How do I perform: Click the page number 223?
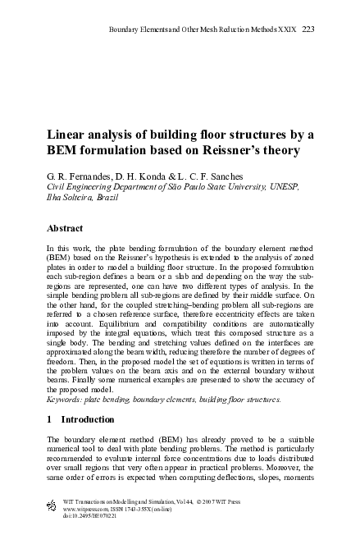pos(308,30)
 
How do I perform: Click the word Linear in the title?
pos(69,135)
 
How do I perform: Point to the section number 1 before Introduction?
pos(50,418)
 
